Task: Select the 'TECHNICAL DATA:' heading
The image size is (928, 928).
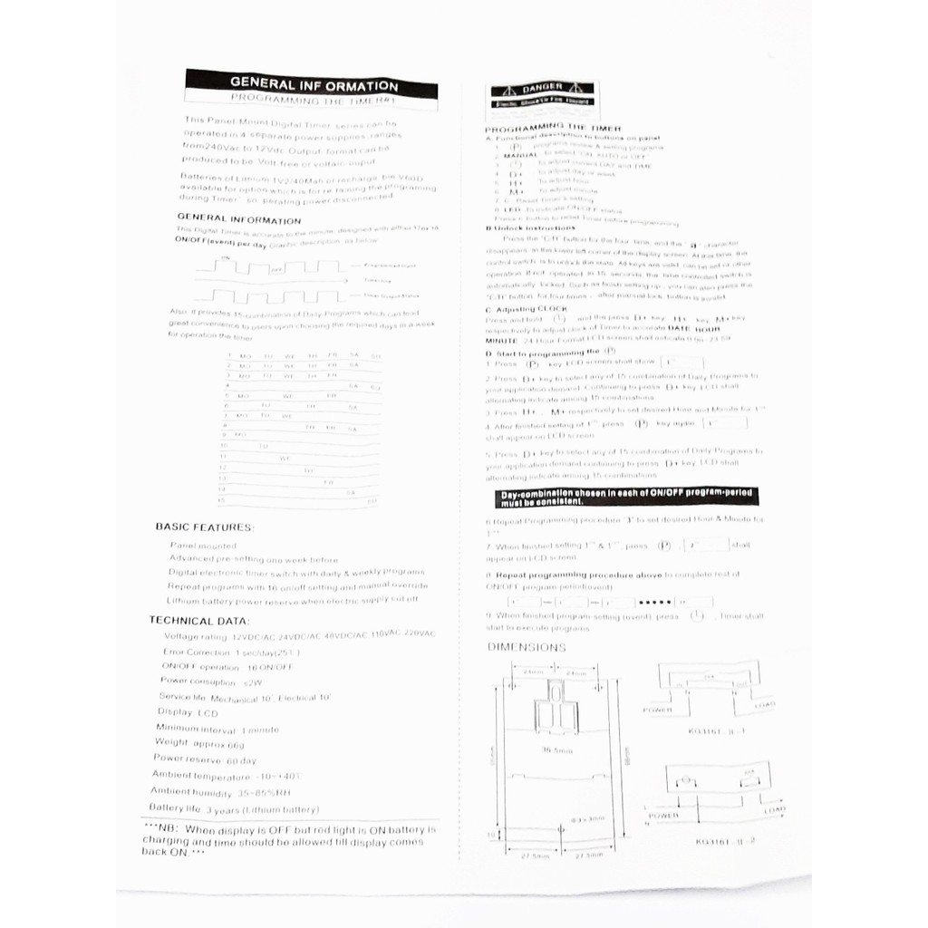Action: (x=198, y=621)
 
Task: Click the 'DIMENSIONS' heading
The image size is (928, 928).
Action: (x=527, y=647)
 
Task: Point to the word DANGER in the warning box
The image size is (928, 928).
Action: (x=541, y=89)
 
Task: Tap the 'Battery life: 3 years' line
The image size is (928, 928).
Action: (x=233, y=808)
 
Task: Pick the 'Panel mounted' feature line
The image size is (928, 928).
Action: (x=203, y=546)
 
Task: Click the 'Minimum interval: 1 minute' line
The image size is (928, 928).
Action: (x=217, y=728)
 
